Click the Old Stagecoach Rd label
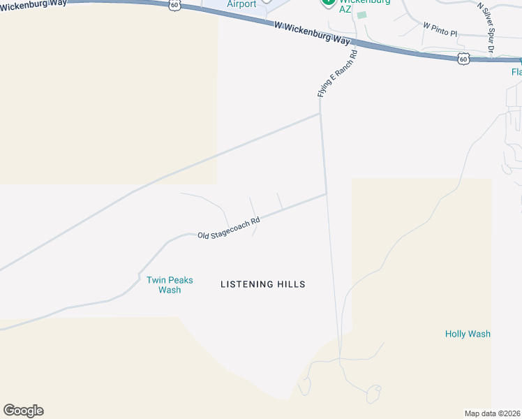click(228, 228)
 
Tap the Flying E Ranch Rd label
click(336, 73)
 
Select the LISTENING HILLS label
click(263, 284)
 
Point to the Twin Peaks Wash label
click(170, 285)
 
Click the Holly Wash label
click(468, 334)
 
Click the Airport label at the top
click(241, 4)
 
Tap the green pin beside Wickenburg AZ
click(327, 2)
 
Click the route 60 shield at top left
click(174, 5)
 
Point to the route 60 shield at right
click(464, 59)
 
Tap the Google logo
click(23, 411)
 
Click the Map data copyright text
click(493, 413)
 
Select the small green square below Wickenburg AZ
click(361, 15)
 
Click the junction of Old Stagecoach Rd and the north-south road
click(326, 194)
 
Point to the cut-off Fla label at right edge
click(516, 72)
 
